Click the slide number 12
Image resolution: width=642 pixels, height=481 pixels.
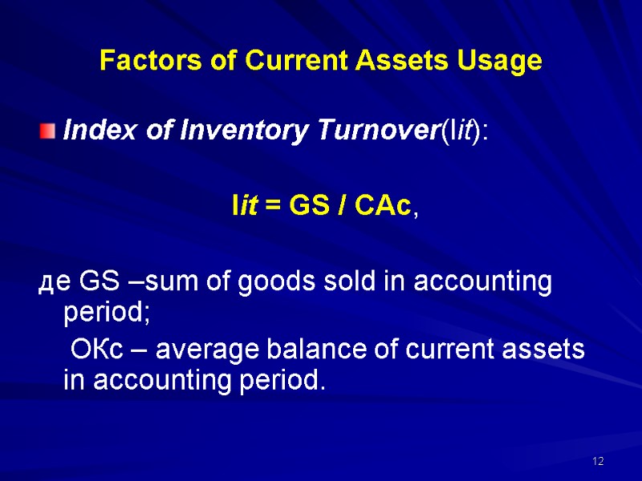click(597, 462)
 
